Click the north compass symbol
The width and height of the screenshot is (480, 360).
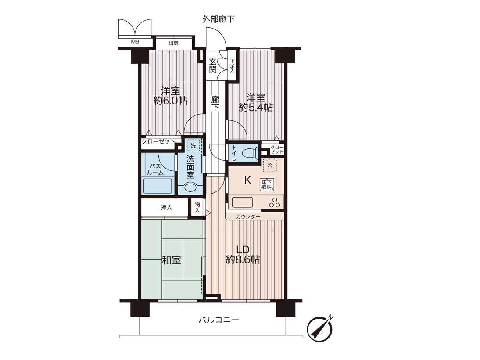[x=320, y=329]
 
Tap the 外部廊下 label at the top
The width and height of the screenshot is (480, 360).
[x=218, y=19]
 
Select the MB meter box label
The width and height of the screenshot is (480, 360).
[x=135, y=42]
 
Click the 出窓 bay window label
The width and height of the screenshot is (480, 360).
[x=174, y=43]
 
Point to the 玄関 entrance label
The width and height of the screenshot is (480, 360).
[x=213, y=65]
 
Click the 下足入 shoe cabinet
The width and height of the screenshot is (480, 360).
[x=233, y=66]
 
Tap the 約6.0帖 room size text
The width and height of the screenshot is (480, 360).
[x=170, y=101]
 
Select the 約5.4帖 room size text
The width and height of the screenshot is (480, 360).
[x=256, y=108]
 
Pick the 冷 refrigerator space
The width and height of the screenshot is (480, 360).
[x=270, y=166]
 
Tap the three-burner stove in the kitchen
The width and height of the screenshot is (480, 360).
[x=274, y=202]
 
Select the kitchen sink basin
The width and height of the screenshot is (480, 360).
[x=243, y=202]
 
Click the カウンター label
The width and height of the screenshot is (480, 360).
[x=248, y=217]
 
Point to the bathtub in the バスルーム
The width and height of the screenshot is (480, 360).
[x=158, y=186]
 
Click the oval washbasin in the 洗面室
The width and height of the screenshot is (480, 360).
[x=190, y=187]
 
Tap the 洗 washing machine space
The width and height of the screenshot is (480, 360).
[x=193, y=145]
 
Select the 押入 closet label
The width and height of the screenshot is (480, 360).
[x=167, y=208]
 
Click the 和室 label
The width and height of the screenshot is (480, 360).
[x=172, y=260]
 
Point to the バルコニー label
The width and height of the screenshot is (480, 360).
[x=219, y=320]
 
